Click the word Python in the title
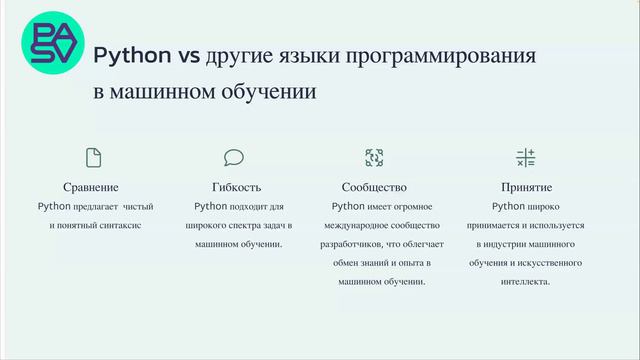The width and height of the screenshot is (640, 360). click(x=131, y=55)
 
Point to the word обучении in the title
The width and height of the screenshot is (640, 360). click(x=270, y=93)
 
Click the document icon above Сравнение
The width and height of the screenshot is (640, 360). click(x=94, y=157)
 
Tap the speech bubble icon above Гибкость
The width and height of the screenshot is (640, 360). click(x=234, y=157)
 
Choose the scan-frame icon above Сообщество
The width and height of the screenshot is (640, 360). click(x=374, y=157)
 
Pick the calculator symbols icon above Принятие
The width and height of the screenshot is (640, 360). click(x=526, y=157)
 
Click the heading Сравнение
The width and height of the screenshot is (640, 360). click(x=91, y=187)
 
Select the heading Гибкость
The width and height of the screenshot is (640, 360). click(x=237, y=187)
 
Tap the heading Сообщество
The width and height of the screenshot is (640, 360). click(x=374, y=187)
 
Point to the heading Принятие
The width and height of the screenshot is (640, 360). click(x=527, y=187)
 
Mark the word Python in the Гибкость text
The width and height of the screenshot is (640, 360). click(x=211, y=207)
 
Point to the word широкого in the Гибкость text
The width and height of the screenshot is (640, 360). click(x=207, y=226)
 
